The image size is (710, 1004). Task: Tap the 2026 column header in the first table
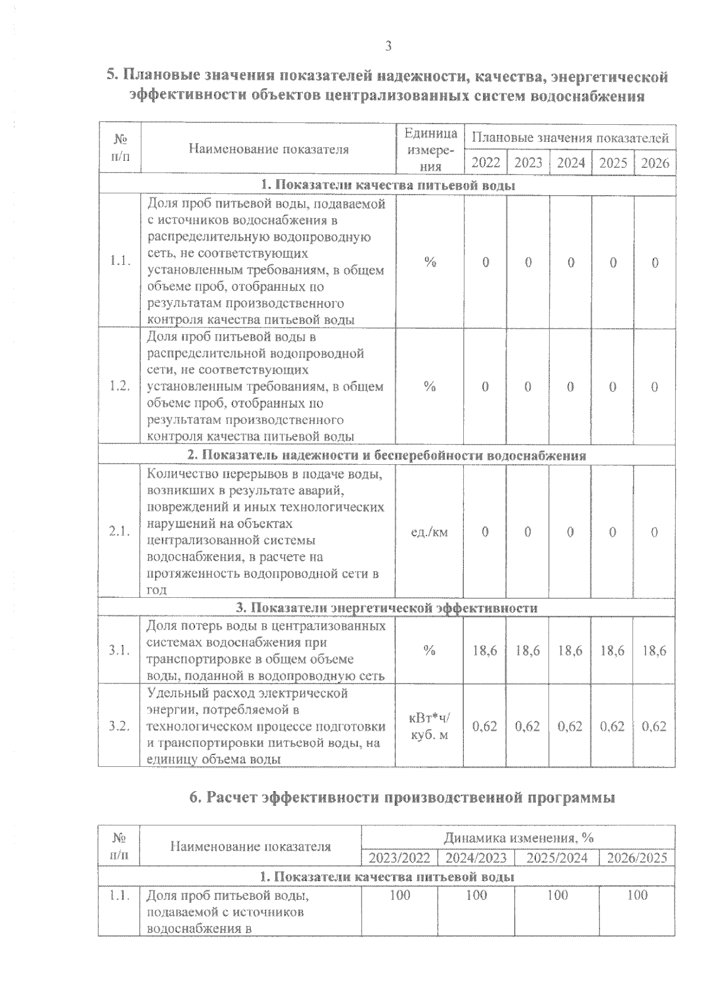(x=654, y=163)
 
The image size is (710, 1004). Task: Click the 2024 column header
(x=570, y=163)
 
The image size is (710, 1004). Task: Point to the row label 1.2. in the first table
(x=120, y=386)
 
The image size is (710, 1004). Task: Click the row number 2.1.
(x=120, y=532)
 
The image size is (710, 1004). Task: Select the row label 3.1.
(x=120, y=650)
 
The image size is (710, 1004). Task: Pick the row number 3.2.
(x=120, y=726)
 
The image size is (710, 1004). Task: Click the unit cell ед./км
(x=430, y=532)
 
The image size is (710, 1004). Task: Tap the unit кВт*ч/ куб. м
(x=430, y=726)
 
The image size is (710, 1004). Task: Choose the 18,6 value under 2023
(x=528, y=650)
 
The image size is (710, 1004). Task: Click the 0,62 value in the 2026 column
(x=654, y=726)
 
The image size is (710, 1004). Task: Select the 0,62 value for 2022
(x=485, y=726)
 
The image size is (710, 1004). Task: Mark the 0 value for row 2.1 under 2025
(x=612, y=532)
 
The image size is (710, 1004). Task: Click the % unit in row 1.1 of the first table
(x=430, y=263)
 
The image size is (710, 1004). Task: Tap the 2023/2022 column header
(x=399, y=857)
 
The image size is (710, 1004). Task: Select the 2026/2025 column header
(x=637, y=857)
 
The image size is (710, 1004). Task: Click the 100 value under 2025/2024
(x=557, y=895)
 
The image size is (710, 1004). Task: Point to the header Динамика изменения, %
(x=518, y=837)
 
